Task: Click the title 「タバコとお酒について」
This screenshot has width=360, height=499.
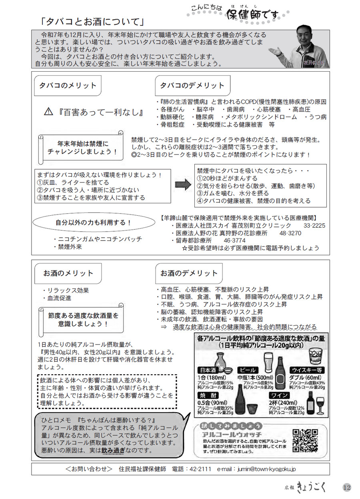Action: coord(92,21)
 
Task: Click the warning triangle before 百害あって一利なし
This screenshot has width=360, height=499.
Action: coord(49,112)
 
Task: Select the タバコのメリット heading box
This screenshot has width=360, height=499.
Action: coord(67,86)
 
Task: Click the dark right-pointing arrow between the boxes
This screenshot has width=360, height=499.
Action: coord(184,184)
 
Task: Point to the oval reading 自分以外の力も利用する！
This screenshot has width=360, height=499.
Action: coord(93,223)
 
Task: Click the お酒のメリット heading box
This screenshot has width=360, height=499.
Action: coord(68,273)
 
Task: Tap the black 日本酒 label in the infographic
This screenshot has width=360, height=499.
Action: coord(210,370)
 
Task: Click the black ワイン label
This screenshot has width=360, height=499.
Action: coord(280,395)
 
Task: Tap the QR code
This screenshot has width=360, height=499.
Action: coord(305,441)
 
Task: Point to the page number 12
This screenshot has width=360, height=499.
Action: coord(346,487)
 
